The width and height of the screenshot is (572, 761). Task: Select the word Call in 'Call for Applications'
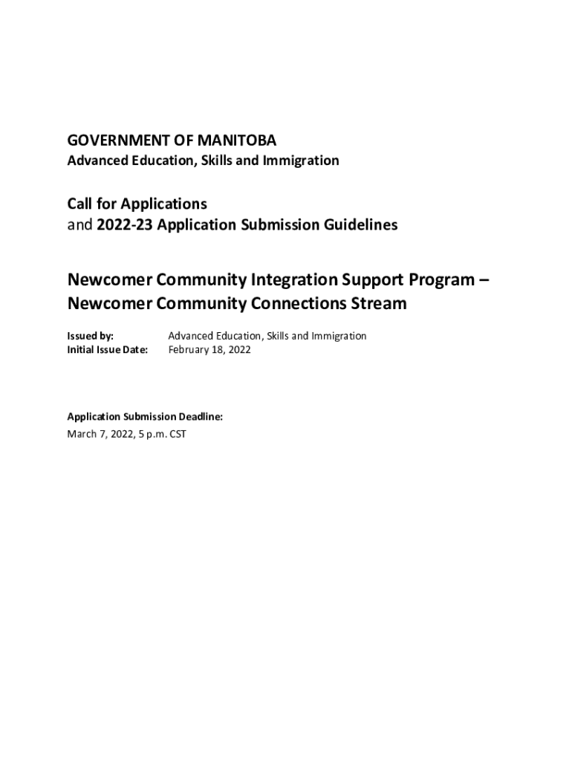point(81,204)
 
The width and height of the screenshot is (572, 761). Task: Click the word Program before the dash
point(443,281)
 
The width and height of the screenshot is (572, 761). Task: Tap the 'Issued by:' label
point(91,336)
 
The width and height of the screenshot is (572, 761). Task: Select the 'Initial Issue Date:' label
point(108,349)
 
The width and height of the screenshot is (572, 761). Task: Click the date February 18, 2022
point(209,349)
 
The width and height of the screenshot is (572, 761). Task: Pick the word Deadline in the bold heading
point(199,417)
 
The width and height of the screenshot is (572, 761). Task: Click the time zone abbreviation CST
point(178,434)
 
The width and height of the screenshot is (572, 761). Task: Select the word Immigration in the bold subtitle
point(303,161)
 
